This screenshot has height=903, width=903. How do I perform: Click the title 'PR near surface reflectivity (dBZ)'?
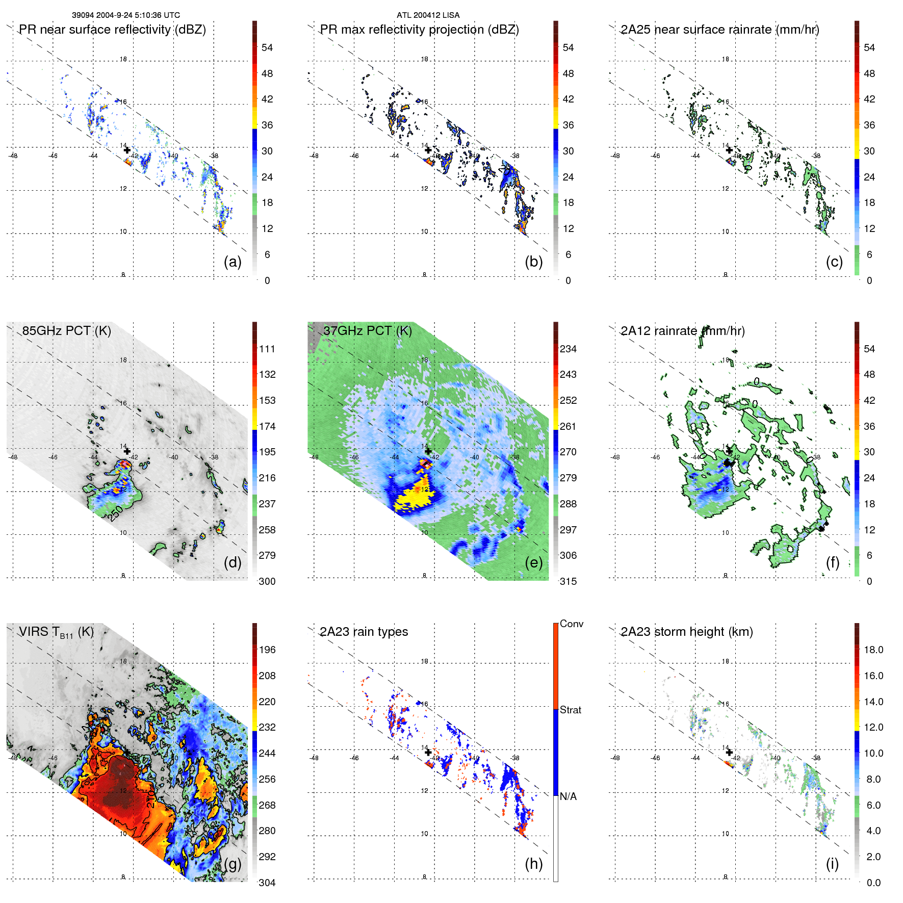tap(112, 30)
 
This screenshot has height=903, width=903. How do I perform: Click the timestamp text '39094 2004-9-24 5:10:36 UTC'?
tap(125, 15)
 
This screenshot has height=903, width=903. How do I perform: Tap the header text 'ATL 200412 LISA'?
tap(428, 15)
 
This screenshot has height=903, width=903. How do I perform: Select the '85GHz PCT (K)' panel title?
tap(66, 331)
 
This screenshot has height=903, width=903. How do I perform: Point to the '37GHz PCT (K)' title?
tap(367, 331)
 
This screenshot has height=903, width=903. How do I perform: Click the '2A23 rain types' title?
tap(364, 632)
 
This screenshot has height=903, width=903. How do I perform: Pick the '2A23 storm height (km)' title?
tap(686, 632)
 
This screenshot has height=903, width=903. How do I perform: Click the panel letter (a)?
tap(233, 262)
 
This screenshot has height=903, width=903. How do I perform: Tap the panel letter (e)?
tap(533, 562)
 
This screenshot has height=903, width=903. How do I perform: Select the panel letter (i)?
tap(832, 864)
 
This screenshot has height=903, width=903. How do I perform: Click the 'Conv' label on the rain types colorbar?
tap(571, 624)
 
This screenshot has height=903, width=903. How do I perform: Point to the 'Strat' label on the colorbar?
tap(570, 710)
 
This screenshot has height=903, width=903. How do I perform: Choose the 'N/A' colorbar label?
tap(568, 796)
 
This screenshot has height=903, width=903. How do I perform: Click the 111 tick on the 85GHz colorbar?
tap(267, 349)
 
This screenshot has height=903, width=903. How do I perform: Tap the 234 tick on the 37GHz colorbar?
tap(568, 349)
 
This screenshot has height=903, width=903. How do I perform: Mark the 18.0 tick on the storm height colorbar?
tap(873, 650)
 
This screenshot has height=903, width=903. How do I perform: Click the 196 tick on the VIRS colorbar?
tap(267, 650)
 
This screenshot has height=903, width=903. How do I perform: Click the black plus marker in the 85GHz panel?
tap(127, 451)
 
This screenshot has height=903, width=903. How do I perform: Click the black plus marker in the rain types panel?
tap(428, 752)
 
